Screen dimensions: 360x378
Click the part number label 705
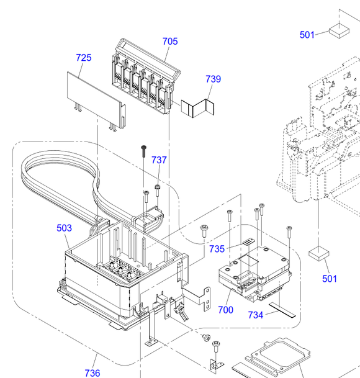click(x=170, y=41)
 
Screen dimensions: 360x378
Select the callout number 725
click(x=84, y=58)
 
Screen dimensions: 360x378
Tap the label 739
click(x=213, y=79)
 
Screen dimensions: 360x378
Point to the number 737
click(x=159, y=160)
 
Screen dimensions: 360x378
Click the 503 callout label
click(x=64, y=228)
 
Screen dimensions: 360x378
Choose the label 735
click(x=217, y=249)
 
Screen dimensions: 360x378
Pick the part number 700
click(x=225, y=310)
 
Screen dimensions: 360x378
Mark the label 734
click(x=256, y=315)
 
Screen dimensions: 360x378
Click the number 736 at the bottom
click(x=92, y=373)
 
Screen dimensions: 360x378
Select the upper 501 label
click(x=307, y=35)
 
